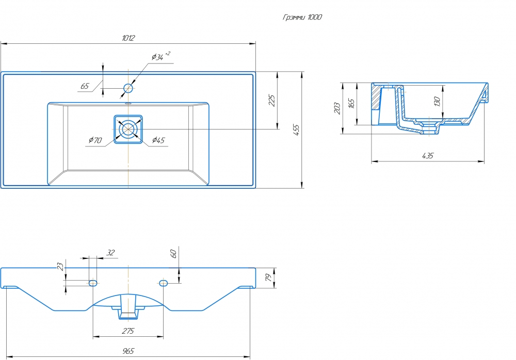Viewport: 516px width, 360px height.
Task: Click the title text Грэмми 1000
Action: [303, 17]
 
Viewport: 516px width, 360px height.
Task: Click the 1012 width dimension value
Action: [128, 38]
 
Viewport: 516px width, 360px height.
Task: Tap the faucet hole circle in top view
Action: [128, 88]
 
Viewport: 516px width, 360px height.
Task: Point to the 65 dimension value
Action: [85, 86]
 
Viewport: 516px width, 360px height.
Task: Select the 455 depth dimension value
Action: [296, 130]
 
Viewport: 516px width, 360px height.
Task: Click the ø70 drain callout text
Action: [95, 140]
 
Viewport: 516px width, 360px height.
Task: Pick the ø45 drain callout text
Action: [158, 140]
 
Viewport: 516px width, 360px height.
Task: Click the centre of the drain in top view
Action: [128, 129]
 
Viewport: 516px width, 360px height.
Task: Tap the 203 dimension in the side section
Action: [337, 108]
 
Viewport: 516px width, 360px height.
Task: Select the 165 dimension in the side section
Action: [351, 103]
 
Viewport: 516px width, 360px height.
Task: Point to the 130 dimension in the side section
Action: [437, 101]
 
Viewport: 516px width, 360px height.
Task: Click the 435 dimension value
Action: [428, 155]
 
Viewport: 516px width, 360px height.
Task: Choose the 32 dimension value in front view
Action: [110, 252]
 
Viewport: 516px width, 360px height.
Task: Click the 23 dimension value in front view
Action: [61, 267]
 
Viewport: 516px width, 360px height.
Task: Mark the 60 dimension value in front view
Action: [174, 253]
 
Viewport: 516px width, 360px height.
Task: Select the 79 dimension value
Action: [268, 278]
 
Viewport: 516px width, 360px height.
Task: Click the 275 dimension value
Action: [128, 331]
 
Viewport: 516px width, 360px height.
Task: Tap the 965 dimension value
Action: [128, 351]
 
